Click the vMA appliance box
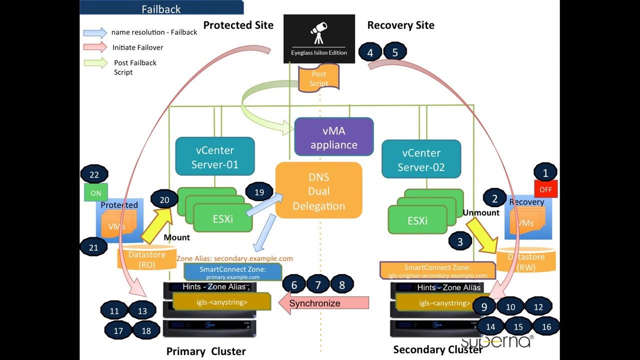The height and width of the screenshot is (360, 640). coord(333,137)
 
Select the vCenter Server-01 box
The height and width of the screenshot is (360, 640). coord(215,157)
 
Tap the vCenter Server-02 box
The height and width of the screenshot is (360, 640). coord(421,159)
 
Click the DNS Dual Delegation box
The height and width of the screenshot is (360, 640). coord(319,190)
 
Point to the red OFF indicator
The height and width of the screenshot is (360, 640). coord(545,190)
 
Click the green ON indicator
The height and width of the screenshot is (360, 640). coord(95,193)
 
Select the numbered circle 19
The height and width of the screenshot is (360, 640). coord(259,192)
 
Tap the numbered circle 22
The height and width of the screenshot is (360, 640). coord(94,174)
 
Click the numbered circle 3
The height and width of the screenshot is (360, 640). coord(460,241)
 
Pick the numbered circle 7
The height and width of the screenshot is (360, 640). coord(318,285)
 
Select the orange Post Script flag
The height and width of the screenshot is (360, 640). coord(318,78)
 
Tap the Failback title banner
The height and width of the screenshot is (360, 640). coord(161,8)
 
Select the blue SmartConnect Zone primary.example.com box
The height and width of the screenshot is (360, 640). coord(233,272)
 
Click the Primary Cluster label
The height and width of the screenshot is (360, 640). coord(206,351)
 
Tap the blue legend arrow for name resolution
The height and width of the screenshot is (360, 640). coord(95,32)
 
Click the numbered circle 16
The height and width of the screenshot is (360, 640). coord(546,326)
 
